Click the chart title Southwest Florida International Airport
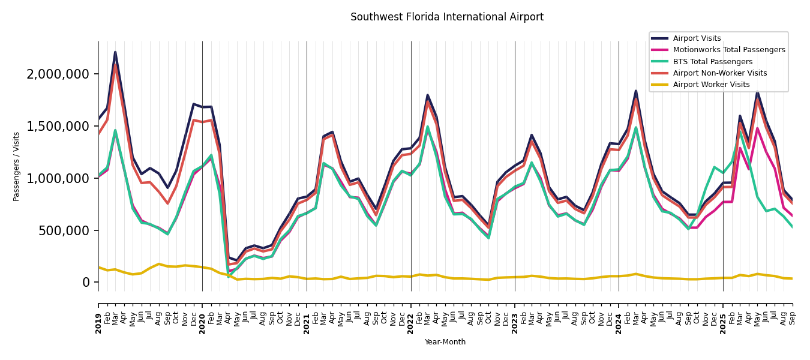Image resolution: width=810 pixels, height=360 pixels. point(447,17)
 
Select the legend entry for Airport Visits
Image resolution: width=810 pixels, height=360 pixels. point(697,38)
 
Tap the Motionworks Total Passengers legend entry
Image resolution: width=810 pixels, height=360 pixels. point(728,50)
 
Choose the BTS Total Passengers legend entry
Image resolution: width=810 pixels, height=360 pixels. point(712,62)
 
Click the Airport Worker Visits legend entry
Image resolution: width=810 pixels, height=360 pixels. point(711,85)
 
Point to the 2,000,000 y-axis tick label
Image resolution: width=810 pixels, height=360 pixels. point(58,74)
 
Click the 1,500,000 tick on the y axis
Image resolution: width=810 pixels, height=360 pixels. point(58,127)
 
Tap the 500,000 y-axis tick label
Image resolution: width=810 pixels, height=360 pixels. point(62,230)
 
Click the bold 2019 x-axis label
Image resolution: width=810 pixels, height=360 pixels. point(98,314)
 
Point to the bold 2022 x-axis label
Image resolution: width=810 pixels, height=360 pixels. point(411,314)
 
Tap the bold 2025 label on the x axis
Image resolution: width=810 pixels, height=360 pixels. point(723,314)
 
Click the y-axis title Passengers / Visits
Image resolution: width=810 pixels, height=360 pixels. point(17,166)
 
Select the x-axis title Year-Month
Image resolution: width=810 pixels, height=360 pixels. point(445,342)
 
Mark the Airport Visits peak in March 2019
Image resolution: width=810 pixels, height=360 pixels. point(115,52)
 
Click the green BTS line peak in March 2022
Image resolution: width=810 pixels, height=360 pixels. point(428,127)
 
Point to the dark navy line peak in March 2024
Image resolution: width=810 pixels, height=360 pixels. point(636,91)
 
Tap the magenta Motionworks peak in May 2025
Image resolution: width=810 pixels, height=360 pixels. point(757,128)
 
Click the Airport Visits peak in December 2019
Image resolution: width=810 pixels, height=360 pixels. point(193,104)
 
